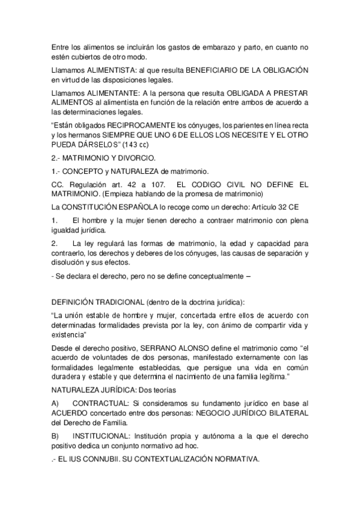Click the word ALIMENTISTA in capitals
pos(111,70)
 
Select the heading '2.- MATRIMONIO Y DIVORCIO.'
pos(95,158)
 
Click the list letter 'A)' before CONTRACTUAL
pos(55,401)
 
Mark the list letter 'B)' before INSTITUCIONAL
pos(55,432)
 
